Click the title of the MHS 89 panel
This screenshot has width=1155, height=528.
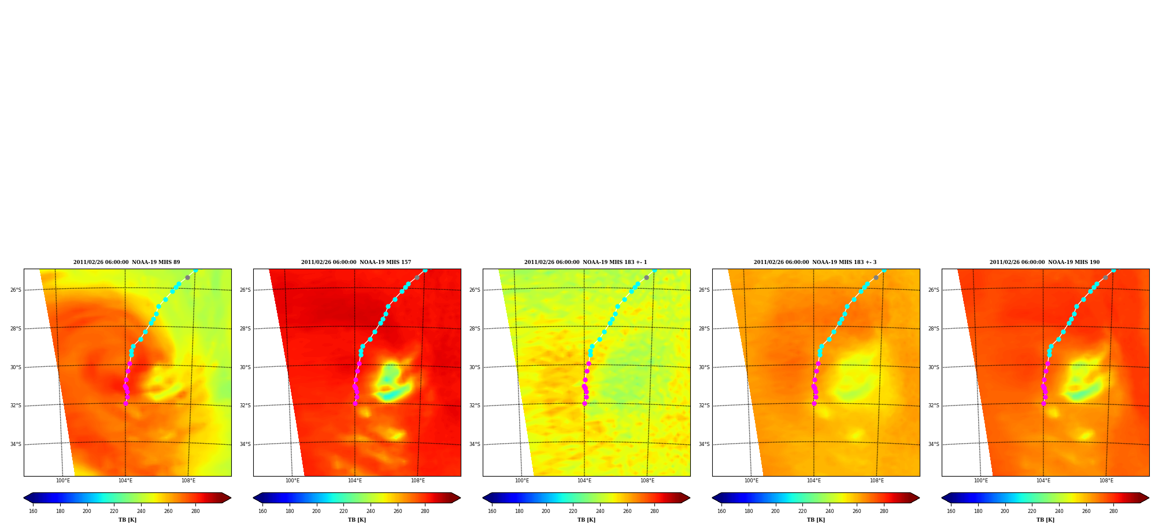point(127,262)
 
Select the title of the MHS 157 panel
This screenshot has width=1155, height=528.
point(356,262)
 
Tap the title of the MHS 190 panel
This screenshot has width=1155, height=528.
point(1045,262)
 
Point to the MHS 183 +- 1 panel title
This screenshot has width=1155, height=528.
point(586,262)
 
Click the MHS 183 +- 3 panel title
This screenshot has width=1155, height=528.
point(815,262)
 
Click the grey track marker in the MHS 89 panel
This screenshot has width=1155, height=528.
point(187,278)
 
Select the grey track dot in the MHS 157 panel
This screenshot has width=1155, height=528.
point(417,278)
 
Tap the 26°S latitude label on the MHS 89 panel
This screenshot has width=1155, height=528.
point(16,290)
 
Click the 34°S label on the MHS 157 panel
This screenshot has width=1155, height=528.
point(245,444)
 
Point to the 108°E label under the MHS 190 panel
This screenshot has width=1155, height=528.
point(1106,481)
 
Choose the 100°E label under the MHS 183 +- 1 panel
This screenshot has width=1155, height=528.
point(522,481)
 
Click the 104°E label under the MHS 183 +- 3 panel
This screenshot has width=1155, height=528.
point(814,481)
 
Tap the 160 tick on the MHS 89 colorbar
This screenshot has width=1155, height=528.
point(33,511)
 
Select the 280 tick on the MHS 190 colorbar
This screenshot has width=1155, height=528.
point(1113,511)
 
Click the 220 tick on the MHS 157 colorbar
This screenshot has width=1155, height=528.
point(343,511)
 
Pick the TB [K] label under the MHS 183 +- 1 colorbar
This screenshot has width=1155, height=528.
point(586,520)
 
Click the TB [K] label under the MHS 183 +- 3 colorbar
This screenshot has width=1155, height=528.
point(816,520)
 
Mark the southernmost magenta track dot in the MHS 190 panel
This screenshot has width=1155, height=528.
point(1043,403)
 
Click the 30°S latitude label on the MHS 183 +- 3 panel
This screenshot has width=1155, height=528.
point(704,367)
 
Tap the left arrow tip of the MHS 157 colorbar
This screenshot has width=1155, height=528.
point(253,498)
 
